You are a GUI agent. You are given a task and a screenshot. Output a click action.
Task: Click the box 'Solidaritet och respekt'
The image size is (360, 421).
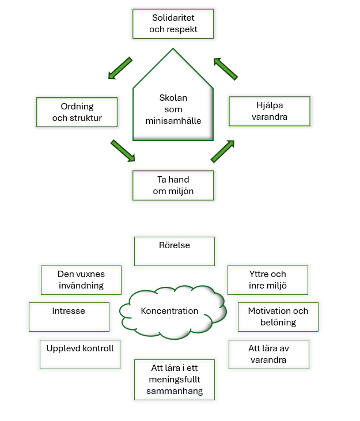coord(173,24)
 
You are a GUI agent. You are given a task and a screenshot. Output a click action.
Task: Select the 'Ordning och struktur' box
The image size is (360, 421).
coord(77,112)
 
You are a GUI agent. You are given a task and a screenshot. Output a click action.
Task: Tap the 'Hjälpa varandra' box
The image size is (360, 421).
coord(270,111)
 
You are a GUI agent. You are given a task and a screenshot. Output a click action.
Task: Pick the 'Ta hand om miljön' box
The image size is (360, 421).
coord(173,185)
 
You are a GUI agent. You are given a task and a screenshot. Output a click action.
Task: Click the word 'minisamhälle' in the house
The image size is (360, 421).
coord(173,121)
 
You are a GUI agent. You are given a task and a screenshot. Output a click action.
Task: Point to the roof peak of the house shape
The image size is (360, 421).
coord(173,48)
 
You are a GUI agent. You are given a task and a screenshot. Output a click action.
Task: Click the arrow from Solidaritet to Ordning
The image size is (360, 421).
coord(120,68)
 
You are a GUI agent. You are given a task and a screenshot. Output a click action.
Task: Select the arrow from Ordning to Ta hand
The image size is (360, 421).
coord(123,151)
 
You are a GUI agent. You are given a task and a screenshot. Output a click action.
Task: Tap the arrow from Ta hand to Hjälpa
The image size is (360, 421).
coord(222,151)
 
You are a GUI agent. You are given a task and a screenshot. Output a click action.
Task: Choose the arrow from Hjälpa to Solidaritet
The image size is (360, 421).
coord(225,69)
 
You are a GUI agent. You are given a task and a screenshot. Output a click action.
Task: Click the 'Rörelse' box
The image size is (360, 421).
coord(175,251)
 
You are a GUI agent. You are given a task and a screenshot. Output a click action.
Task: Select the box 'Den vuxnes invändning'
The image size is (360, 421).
coord(81,280)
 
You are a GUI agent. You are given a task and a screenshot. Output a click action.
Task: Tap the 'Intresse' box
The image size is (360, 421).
coord(69,317)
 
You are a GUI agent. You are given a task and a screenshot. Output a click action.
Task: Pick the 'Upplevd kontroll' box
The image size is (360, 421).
coord(80,354)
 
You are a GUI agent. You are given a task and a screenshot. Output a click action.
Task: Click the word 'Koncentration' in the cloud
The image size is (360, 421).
coord(169,311)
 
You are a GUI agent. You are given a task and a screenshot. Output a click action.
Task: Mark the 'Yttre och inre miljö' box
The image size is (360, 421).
coord(268,280)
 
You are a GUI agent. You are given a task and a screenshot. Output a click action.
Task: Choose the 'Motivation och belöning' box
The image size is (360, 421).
coord(278,317)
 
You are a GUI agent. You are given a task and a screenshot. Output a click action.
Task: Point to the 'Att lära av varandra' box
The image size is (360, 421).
coord(269,354)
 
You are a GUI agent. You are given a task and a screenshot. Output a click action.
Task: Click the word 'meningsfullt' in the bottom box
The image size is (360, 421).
coord(175,380)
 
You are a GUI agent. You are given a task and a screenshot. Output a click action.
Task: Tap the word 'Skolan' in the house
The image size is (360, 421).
coord(173,98)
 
